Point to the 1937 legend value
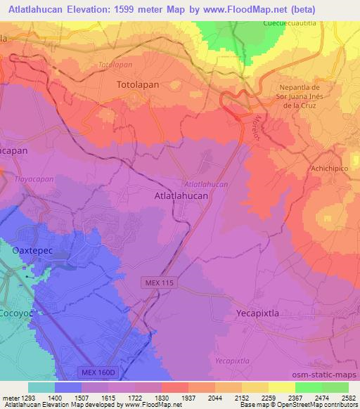188,397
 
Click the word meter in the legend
9,397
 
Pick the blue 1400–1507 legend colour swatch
67,387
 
